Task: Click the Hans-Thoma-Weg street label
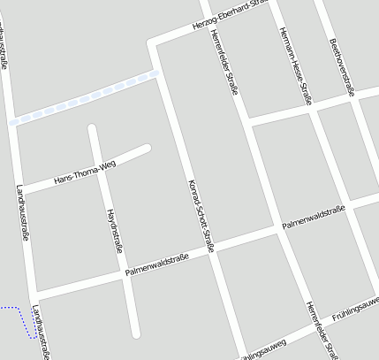85,172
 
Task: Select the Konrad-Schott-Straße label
201,216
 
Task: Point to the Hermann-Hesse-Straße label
295,65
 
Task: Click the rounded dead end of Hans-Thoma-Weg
147,149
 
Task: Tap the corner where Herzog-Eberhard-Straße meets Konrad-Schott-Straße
155,42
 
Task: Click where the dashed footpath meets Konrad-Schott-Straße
159,73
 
